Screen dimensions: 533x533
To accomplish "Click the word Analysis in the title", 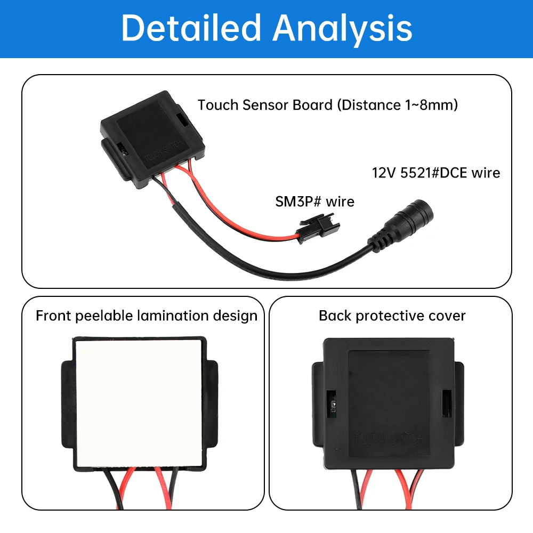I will point(342,28).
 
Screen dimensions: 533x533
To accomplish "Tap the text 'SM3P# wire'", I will point(314,201).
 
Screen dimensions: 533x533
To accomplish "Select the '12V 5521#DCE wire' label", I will point(435,173).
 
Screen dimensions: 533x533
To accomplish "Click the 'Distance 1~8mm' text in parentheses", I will point(397,105).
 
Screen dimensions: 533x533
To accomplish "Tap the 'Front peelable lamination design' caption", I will point(146,316).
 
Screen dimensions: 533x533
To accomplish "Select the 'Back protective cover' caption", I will point(392,316).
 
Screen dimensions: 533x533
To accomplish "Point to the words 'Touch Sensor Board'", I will point(265,105).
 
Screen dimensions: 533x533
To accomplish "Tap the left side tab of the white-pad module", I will point(67,402).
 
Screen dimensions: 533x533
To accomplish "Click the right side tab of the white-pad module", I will point(212,402).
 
